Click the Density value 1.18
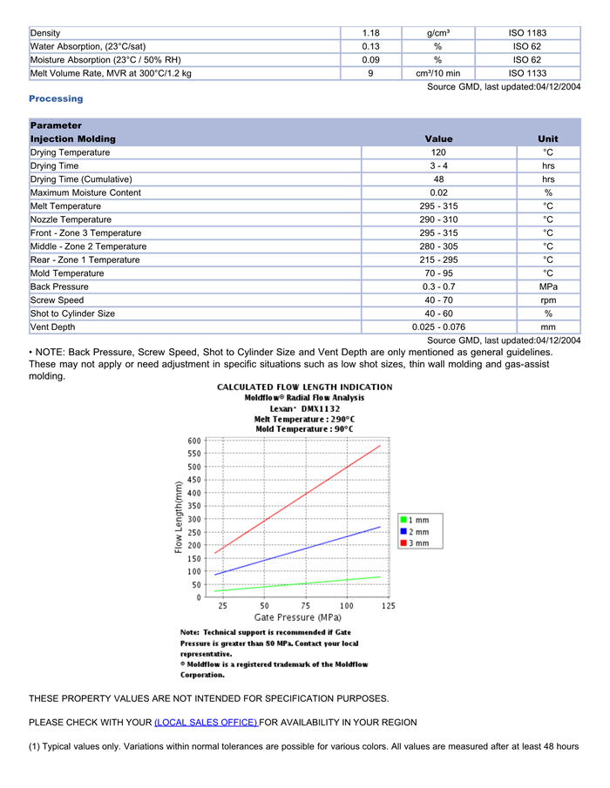tap(370, 33)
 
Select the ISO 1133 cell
tap(527, 73)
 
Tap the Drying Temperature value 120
tap(438, 152)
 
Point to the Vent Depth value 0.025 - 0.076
tap(438, 327)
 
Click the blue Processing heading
tap(57, 98)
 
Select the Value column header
tap(438, 139)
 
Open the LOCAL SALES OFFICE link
tap(207, 723)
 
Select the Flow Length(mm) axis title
tap(179, 516)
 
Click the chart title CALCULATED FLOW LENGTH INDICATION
tap(304, 387)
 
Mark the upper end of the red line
tap(381, 446)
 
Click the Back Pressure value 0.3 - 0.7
tap(438, 286)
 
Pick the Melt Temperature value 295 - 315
tap(438, 206)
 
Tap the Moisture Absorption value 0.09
tap(370, 60)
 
